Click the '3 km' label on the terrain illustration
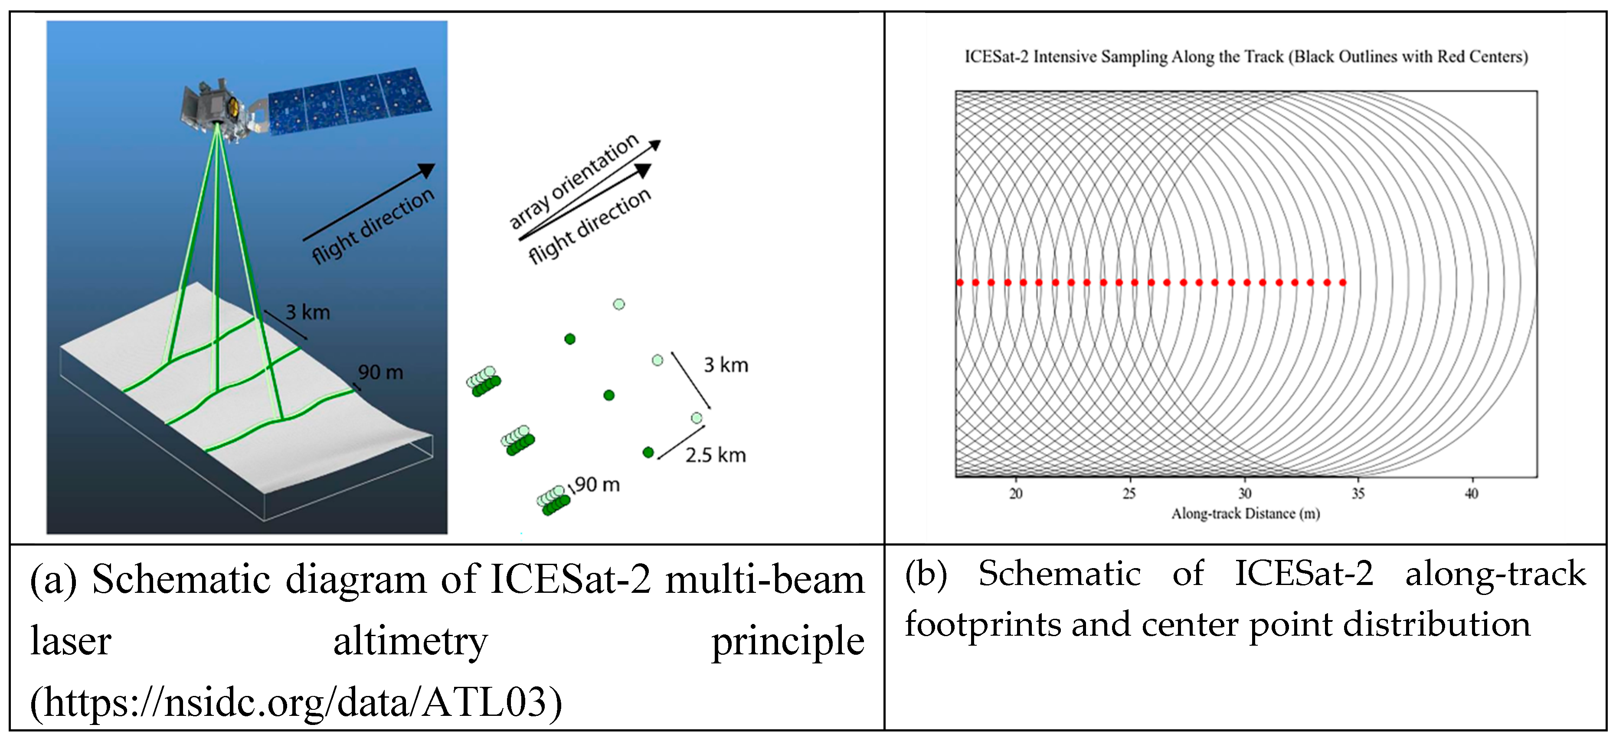pyautogui.click(x=307, y=312)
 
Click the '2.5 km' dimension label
pyautogui.click(x=715, y=455)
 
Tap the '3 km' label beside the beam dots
pyautogui.click(x=726, y=365)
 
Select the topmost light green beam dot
pyautogui.click(x=618, y=304)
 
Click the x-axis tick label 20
pyautogui.click(x=1016, y=494)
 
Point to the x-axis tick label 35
pyautogui.click(x=1358, y=494)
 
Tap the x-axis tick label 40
pyautogui.click(x=1471, y=494)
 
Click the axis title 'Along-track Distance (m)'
pyautogui.click(x=1245, y=514)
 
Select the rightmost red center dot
pyautogui.click(x=1342, y=283)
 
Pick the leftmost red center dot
pyautogui.click(x=960, y=283)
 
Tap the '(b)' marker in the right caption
pyautogui.click(x=925, y=574)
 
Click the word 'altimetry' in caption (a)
pyautogui.click(x=410, y=641)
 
